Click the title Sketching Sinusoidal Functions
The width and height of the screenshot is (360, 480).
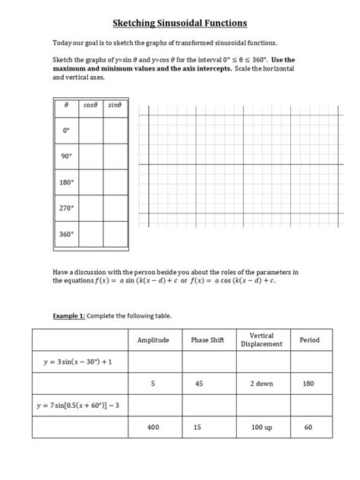click(180, 24)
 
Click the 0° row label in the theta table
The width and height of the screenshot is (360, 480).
click(66, 130)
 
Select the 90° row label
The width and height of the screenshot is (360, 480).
click(66, 156)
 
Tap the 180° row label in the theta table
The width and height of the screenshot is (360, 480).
click(66, 182)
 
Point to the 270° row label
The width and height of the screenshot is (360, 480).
click(66, 208)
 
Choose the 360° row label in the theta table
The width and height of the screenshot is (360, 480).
click(66, 234)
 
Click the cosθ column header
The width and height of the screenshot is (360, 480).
click(92, 105)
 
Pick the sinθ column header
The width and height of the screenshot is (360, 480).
click(115, 105)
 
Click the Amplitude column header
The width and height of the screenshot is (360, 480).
click(153, 340)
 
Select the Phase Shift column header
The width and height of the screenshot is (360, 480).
click(205, 340)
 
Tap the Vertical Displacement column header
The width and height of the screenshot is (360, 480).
click(261, 340)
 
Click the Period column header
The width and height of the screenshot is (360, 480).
click(311, 340)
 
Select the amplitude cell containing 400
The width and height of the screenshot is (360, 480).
click(153, 428)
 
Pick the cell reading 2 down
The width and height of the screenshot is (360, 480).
click(261, 384)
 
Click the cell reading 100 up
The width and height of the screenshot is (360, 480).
click(261, 428)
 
